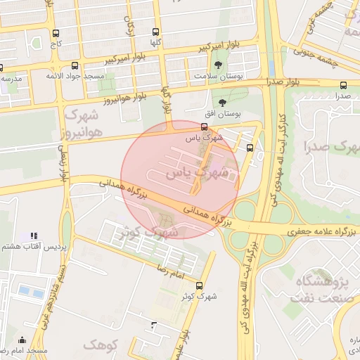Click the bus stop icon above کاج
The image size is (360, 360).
click(56, 33)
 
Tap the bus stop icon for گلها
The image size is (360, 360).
click(155, 32)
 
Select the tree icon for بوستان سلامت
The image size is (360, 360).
click(223, 65)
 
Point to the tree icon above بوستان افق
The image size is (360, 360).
click(223, 103)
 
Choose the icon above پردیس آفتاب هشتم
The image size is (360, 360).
click(34, 236)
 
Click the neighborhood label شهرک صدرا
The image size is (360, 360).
click(330, 147)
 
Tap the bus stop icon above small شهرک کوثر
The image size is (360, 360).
click(200, 285)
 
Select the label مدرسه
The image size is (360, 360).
click(11, 79)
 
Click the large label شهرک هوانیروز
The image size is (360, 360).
click(83, 122)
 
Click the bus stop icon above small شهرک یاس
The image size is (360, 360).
click(204, 127)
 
